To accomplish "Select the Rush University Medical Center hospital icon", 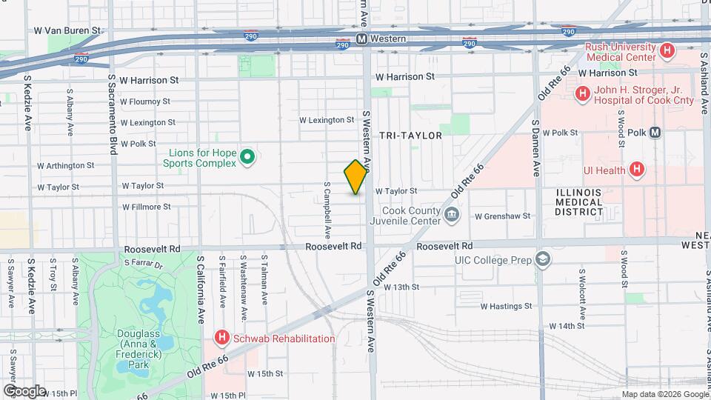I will click(667, 51).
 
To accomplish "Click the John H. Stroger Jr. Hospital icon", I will click(583, 93).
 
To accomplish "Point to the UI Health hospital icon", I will click(635, 170).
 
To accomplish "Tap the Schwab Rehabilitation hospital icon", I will click(221, 339).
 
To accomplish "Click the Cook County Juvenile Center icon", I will click(453, 216).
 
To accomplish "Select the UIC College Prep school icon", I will click(543, 259).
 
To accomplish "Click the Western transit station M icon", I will click(361, 39).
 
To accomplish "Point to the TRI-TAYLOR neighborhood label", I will click(410, 136).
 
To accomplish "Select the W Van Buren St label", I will click(67, 31).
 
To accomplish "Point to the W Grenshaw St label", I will click(503, 216).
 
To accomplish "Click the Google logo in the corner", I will click(24, 390).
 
